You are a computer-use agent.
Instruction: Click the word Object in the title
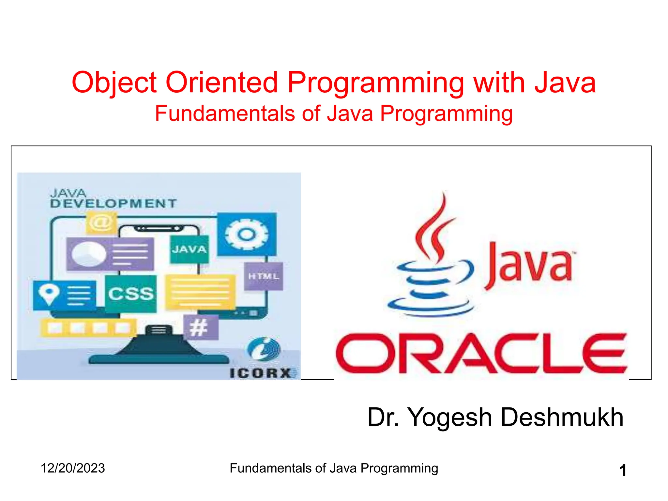point(114,83)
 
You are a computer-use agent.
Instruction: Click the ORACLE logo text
point(481,353)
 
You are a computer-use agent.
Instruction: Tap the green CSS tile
point(131,294)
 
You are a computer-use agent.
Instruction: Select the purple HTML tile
point(264,276)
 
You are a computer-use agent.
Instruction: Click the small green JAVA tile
point(189,250)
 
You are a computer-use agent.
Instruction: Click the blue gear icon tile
point(247,234)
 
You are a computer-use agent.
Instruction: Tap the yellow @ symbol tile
point(101,223)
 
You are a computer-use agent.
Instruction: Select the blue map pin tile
point(65,295)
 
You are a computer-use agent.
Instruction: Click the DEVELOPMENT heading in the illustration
point(113,204)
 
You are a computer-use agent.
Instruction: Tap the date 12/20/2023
point(73,468)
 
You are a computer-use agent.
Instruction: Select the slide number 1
point(622,470)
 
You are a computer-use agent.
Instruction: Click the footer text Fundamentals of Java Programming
point(334,468)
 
